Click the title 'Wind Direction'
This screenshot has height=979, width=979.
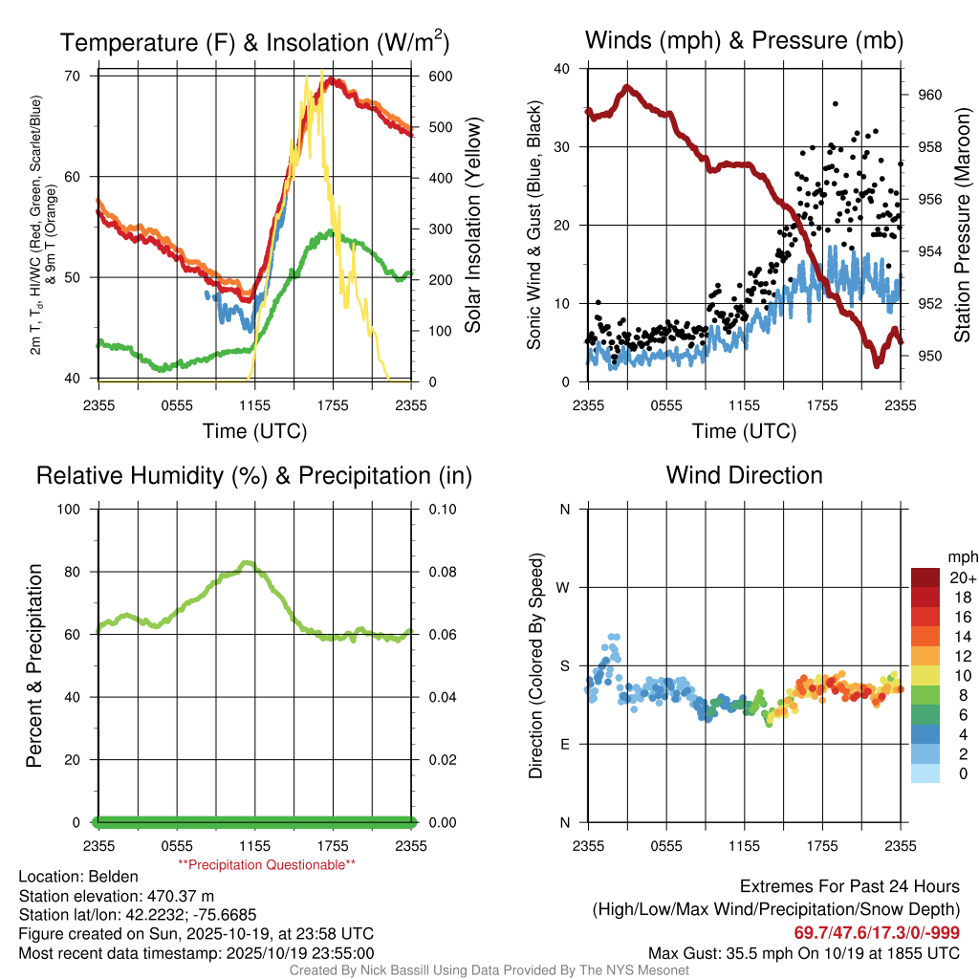tap(744, 475)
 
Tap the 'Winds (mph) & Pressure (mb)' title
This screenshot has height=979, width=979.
tap(744, 41)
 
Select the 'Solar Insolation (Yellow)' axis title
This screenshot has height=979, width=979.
tap(472, 226)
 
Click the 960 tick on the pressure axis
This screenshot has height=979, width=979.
tap(929, 95)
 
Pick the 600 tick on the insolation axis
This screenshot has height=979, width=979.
tap(441, 76)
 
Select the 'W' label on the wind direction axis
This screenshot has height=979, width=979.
tap(564, 587)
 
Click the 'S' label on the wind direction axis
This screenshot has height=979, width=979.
tap(565, 665)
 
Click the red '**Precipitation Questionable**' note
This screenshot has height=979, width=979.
tap(267, 864)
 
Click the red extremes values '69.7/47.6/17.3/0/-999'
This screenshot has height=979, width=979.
tap(877, 933)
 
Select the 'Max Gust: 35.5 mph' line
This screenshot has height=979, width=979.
tap(803, 952)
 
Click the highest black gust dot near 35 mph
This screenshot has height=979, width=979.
tap(836, 103)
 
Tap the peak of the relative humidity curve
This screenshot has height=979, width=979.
tap(248, 563)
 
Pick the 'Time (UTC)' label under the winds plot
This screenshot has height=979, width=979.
tap(744, 431)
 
